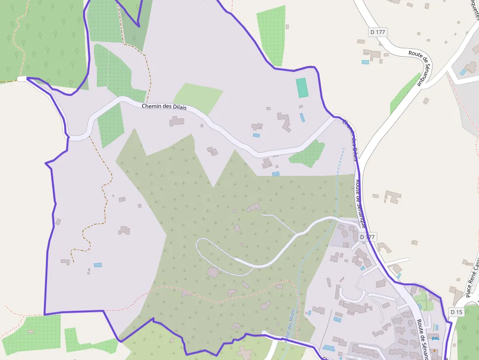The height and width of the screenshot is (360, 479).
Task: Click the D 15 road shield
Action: click(x=457, y=312)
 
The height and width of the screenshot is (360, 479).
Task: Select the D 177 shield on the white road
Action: click(x=378, y=32)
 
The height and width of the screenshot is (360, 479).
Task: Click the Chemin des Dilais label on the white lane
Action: click(x=164, y=107)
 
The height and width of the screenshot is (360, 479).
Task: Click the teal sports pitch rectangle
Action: click(x=302, y=87)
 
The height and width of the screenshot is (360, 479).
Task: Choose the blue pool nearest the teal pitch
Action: click(x=302, y=118)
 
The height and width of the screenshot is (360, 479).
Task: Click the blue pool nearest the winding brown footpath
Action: click(x=98, y=265)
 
